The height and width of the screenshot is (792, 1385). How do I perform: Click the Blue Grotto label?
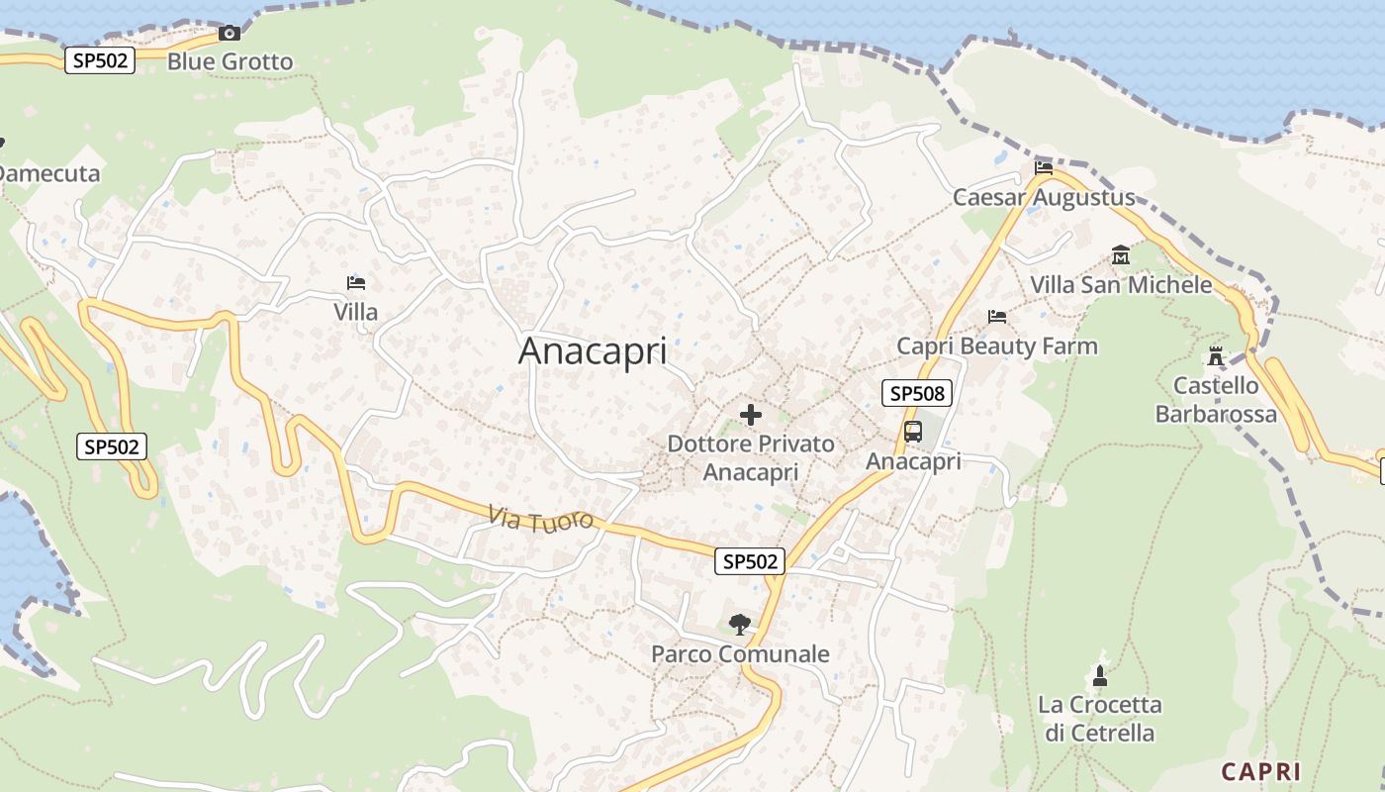point(230,61)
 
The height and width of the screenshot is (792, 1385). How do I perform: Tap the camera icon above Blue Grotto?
point(230,33)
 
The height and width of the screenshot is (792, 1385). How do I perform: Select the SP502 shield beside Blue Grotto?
point(100,60)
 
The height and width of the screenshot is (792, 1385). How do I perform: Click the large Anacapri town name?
point(593,351)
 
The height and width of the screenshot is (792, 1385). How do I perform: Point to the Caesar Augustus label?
point(1044,197)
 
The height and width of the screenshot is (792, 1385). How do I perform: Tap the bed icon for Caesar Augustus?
point(1044,166)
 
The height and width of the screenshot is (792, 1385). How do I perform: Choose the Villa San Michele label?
point(1121,284)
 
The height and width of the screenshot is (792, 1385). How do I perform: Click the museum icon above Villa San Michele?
point(1121,255)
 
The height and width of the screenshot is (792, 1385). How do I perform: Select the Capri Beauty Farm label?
point(997,346)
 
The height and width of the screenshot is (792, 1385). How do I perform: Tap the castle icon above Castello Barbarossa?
point(1216,356)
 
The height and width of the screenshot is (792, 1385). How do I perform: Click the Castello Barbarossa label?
point(1216,399)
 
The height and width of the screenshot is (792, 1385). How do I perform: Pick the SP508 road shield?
point(917,393)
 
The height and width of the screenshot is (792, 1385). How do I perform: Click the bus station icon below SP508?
point(913,432)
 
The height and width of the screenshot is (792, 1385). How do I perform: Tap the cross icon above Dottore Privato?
point(751,415)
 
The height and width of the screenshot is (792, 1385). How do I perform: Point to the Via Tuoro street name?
point(541,517)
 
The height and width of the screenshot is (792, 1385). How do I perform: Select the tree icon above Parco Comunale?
point(739,625)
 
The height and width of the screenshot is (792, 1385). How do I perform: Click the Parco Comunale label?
point(740,654)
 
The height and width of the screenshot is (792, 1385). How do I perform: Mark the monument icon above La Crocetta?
point(1099,676)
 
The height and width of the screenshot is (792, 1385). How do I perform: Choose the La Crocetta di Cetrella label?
point(1099,719)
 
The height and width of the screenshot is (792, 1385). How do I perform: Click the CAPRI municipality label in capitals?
point(1260,771)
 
